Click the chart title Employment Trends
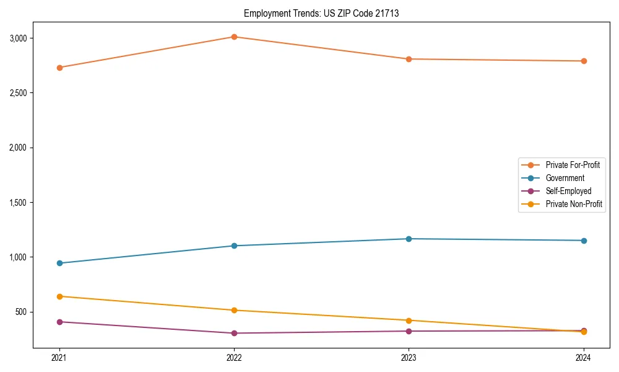click(321, 13)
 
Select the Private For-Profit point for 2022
click(234, 37)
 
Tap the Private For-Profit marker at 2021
click(59, 68)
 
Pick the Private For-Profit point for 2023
click(409, 59)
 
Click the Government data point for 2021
click(59, 263)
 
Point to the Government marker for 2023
click(409, 239)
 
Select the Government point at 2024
click(583, 241)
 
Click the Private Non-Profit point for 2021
click(59, 296)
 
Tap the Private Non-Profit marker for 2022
click(234, 310)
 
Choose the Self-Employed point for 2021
click(59, 322)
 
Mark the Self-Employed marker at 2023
click(409, 331)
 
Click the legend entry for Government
click(565, 178)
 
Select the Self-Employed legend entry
click(568, 191)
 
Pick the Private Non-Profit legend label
click(574, 204)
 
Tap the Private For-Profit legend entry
click(573, 165)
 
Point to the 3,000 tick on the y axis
click(17, 38)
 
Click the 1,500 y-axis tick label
click(17, 203)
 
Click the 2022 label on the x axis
click(234, 357)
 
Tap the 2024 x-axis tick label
click(583, 357)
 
